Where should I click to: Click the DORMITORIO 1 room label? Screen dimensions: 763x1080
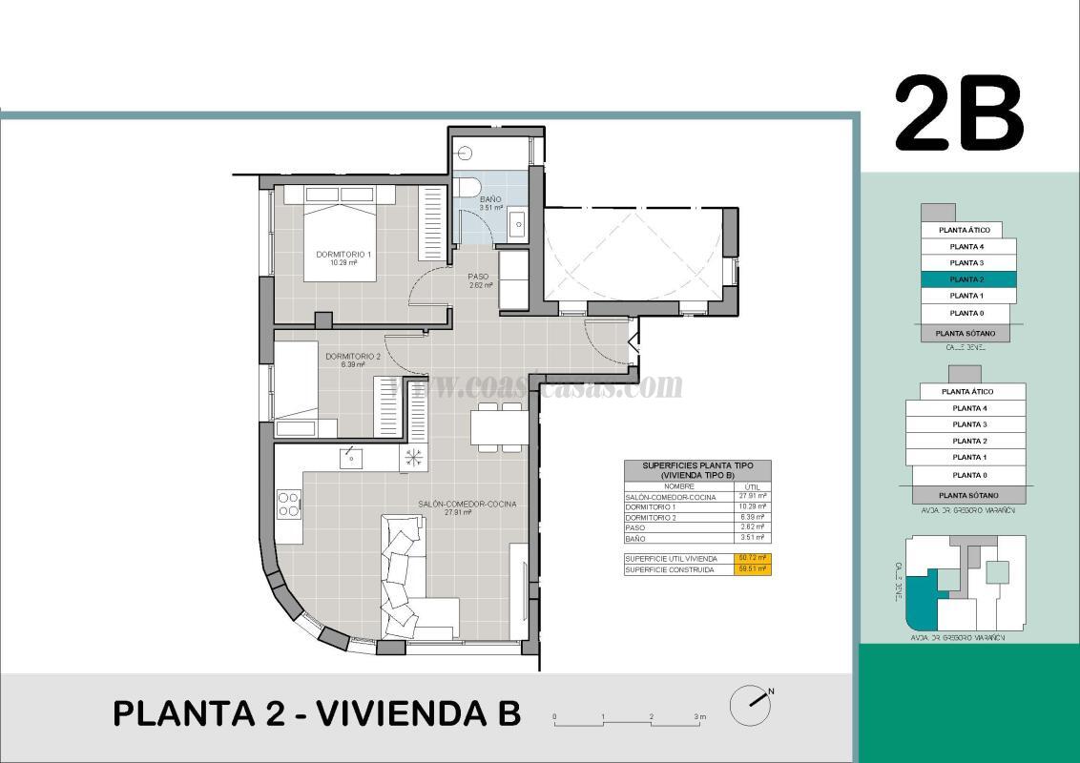point(343,255)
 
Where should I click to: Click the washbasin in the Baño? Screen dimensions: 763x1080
point(516,225)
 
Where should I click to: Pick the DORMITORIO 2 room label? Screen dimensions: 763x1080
point(352,357)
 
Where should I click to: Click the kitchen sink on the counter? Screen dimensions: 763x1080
point(351,459)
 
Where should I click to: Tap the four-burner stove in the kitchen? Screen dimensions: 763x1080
point(289,504)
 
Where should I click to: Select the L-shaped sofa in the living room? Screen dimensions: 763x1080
point(410,582)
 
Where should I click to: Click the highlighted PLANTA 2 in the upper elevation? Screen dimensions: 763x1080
point(967,279)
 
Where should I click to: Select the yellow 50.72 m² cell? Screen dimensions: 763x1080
point(752,558)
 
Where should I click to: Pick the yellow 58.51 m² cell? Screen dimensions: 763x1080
point(752,569)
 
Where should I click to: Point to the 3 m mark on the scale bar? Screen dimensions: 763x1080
point(700,716)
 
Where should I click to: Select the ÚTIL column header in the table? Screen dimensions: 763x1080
point(752,486)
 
